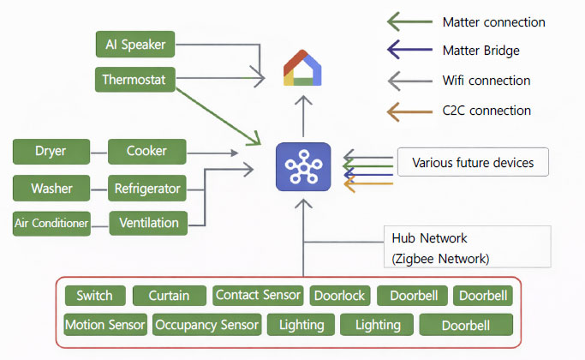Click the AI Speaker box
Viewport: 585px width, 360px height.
pyautogui.click(x=136, y=44)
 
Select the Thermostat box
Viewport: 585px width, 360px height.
pyautogui.click(x=136, y=81)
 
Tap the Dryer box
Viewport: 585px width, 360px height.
pyautogui.click(x=51, y=152)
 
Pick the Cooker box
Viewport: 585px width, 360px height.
pyautogui.click(x=146, y=152)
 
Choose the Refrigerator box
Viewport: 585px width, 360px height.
pyautogui.click(x=147, y=188)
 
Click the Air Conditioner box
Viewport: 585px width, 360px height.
pyautogui.click(x=51, y=223)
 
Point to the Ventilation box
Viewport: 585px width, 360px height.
pyautogui.click(x=148, y=223)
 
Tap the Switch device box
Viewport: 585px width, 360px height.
pyautogui.click(x=94, y=296)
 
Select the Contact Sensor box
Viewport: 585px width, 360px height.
pyautogui.click(x=258, y=296)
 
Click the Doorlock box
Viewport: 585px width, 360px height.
pyautogui.click(x=338, y=296)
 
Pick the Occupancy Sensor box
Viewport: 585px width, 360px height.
pyautogui.click(x=206, y=325)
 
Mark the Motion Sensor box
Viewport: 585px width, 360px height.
pyautogui.click(x=104, y=325)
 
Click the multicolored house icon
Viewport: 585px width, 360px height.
pyautogui.click(x=304, y=69)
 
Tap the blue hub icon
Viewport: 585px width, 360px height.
pyautogui.click(x=303, y=166)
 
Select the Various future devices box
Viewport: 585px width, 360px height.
pyautogui.click(x=472, y=162)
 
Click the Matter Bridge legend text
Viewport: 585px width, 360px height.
pyautogui.click(x=481, y=51)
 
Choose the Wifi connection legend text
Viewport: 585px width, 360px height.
pyautogui.click(x=486, y=81)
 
